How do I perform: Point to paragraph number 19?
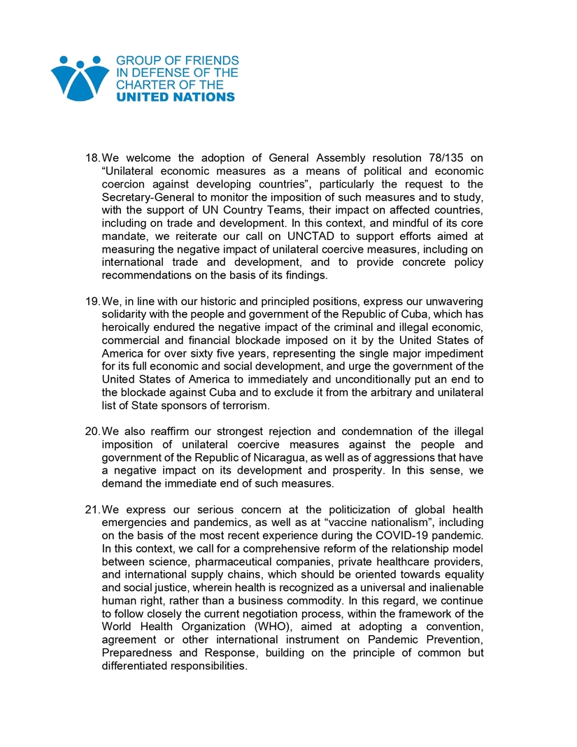(92, 301)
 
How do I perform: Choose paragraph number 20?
(92, 431)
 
